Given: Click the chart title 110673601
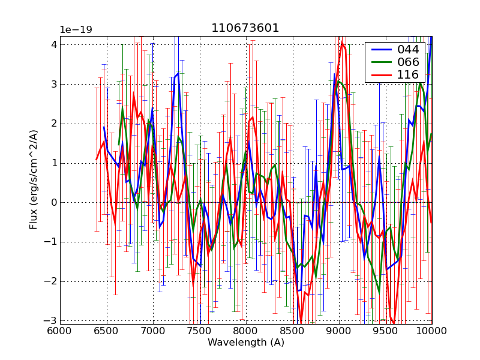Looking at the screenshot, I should [245, 28].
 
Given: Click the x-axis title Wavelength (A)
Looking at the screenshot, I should [245, 343].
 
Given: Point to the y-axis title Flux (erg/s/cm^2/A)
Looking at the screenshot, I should [34, 180].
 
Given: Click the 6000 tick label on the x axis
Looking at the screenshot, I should [60, 331].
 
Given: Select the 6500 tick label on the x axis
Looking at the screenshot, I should [106, 331].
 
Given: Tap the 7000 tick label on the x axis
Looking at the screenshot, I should [153, 331].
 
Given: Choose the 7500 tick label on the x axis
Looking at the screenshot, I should [199, 331].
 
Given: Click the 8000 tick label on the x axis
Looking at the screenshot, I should [246, 331].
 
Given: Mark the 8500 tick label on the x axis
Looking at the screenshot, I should [292, 331].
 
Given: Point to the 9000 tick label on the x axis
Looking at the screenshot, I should [339, 331].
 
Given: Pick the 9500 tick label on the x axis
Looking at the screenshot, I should [385, 331].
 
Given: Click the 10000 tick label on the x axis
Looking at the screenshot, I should [431, 331].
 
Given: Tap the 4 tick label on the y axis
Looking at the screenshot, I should [53, 44].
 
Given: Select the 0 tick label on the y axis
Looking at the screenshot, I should [53, 203].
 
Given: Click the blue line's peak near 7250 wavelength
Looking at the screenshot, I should [178, 73].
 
